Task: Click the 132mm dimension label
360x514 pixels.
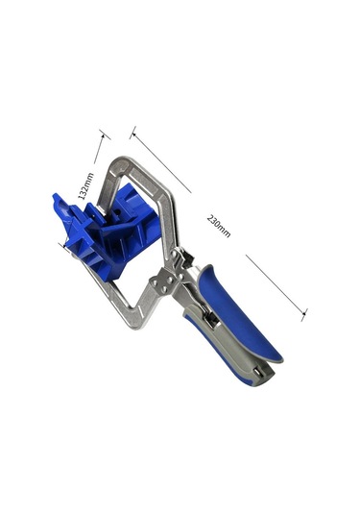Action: pos(85,185)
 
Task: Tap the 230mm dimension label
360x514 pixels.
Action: pos(219,226)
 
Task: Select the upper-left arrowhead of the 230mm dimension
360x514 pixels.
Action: pos(133,134)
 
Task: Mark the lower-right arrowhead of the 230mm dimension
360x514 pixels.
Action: pos(303,314)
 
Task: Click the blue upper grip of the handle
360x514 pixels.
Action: pos(238,312)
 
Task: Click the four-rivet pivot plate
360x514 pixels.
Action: pos(165,282)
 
